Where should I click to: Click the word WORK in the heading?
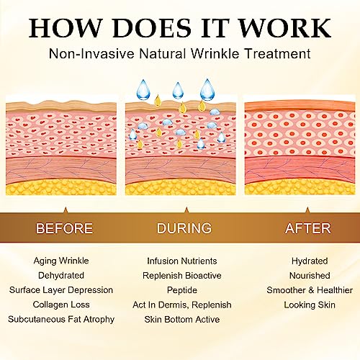286,28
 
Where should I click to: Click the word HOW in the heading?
66,28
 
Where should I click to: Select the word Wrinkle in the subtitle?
215,53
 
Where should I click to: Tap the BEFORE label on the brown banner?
64,228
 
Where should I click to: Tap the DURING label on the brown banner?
184,228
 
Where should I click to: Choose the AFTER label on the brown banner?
308,228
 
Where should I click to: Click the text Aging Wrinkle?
61,261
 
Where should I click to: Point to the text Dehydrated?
61,275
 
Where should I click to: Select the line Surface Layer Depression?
61,290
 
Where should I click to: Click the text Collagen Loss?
61,305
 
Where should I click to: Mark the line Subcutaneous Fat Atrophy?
61,320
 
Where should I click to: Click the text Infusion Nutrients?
182,261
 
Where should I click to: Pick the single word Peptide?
182,290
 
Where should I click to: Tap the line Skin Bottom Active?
182,320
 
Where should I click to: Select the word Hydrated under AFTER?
310,261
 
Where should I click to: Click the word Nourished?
310,276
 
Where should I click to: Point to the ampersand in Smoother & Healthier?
311,290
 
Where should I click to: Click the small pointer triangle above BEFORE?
66,210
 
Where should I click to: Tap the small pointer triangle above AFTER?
307,210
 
